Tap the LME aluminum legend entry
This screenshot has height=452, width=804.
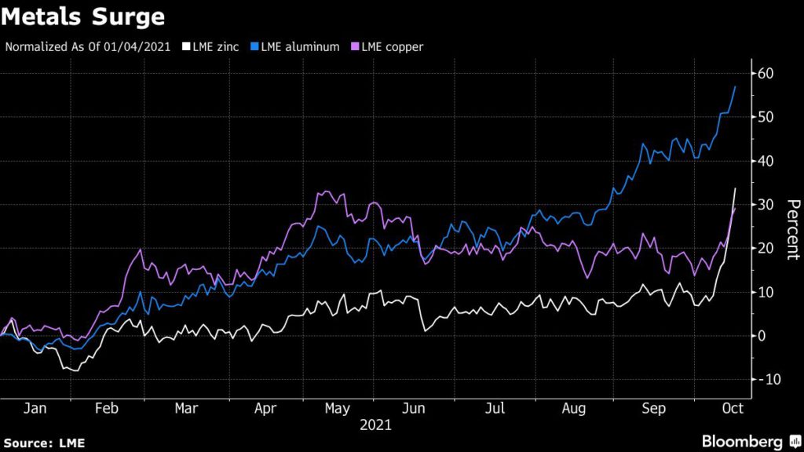tap(298, 46)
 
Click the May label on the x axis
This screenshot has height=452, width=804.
tap(337, 408)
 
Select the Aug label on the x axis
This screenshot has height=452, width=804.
tap(576, 408)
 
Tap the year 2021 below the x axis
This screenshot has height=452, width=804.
tap(375, 426)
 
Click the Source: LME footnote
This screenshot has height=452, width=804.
tap(43, 443)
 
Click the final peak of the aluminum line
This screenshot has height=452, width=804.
tap(735, 86)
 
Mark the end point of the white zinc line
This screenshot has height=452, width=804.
tap(735, 188)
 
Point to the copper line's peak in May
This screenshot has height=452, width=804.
tap(323, 191)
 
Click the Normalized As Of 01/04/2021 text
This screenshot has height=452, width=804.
tap(88, 46)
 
